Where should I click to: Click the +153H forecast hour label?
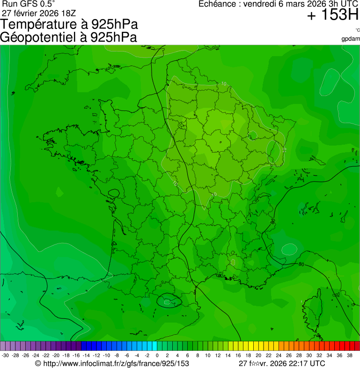tap(333, 15)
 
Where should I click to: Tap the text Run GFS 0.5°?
tap(29, 4)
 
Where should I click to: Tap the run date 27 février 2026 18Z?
tap(38, 13)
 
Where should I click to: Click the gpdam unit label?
tap(351, 38)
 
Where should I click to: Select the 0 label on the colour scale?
tap(157, 355)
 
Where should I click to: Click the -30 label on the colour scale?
tap(5, 355)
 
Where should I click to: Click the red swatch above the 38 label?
tap(354, 346)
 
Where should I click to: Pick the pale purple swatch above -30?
tap(3, 346)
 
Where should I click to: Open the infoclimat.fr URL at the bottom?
tap(115, 363)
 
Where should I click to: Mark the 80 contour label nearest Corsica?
tap(301, 265)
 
